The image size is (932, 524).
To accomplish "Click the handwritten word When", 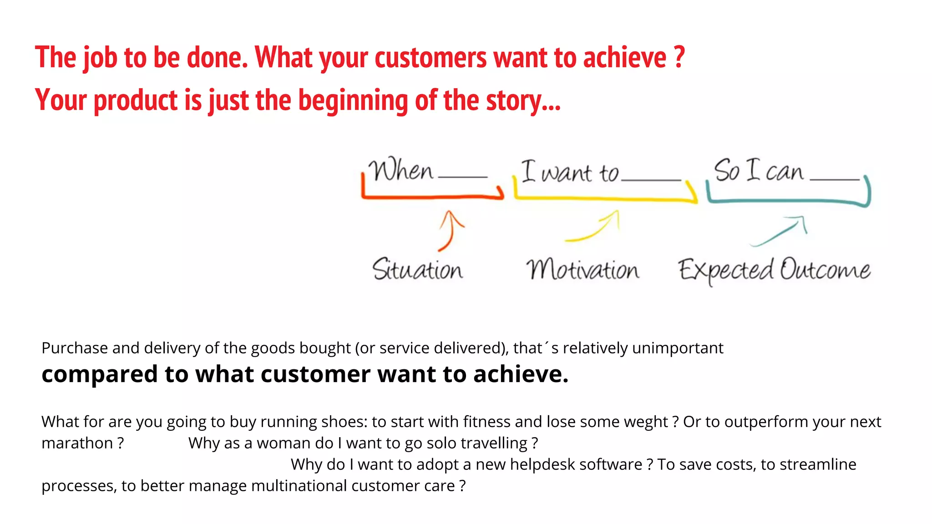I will pyautogui.click(x=400, y=171).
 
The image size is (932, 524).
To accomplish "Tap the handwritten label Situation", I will pyautogui.click(x=417, y=269).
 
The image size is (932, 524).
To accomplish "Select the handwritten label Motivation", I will pyautogui.click(x=582, y=270).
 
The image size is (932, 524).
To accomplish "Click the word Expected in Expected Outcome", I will pyautogui.click(x=725, y=270).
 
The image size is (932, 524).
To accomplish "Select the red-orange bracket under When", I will pyautogui.click(x=432, y=197).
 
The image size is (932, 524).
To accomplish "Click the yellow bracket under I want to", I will pyautogui.click(x=605, y=198).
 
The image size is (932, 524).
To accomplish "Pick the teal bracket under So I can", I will pyautogui.click(x=787, y=201).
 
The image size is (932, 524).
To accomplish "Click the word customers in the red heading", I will pyautogui.click(x=431, y=58).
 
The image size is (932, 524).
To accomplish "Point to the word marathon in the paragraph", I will pyautogui.click(x=76, y=443).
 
